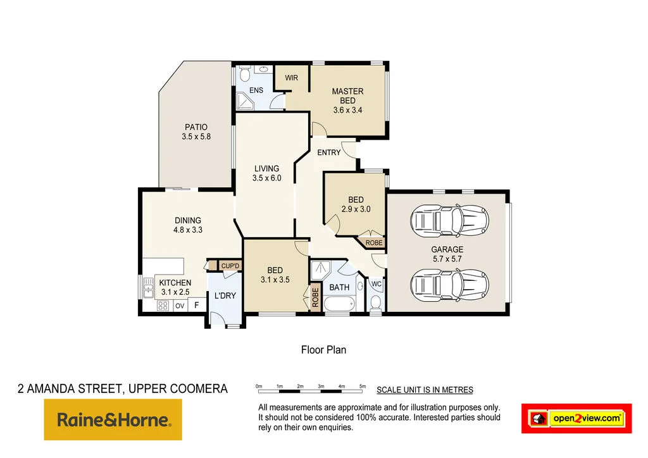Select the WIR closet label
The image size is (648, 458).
(291, 78)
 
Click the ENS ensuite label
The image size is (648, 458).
(256, 90)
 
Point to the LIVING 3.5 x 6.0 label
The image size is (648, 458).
(266, 173)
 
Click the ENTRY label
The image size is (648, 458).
(328, 152)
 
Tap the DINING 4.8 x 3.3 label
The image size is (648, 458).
(187, 225)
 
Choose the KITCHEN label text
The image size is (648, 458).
(175, 283)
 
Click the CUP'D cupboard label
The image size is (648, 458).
(230, 266)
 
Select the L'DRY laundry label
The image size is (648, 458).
(225, 296)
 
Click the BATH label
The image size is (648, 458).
(339, 288)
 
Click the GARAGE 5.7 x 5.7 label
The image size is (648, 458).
(447, 254)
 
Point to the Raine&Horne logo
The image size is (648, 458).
(113, 419)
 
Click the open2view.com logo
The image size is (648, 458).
(576, 418)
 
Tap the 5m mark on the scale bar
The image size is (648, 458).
(363, 385)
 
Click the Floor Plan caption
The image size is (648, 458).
(323, 349)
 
